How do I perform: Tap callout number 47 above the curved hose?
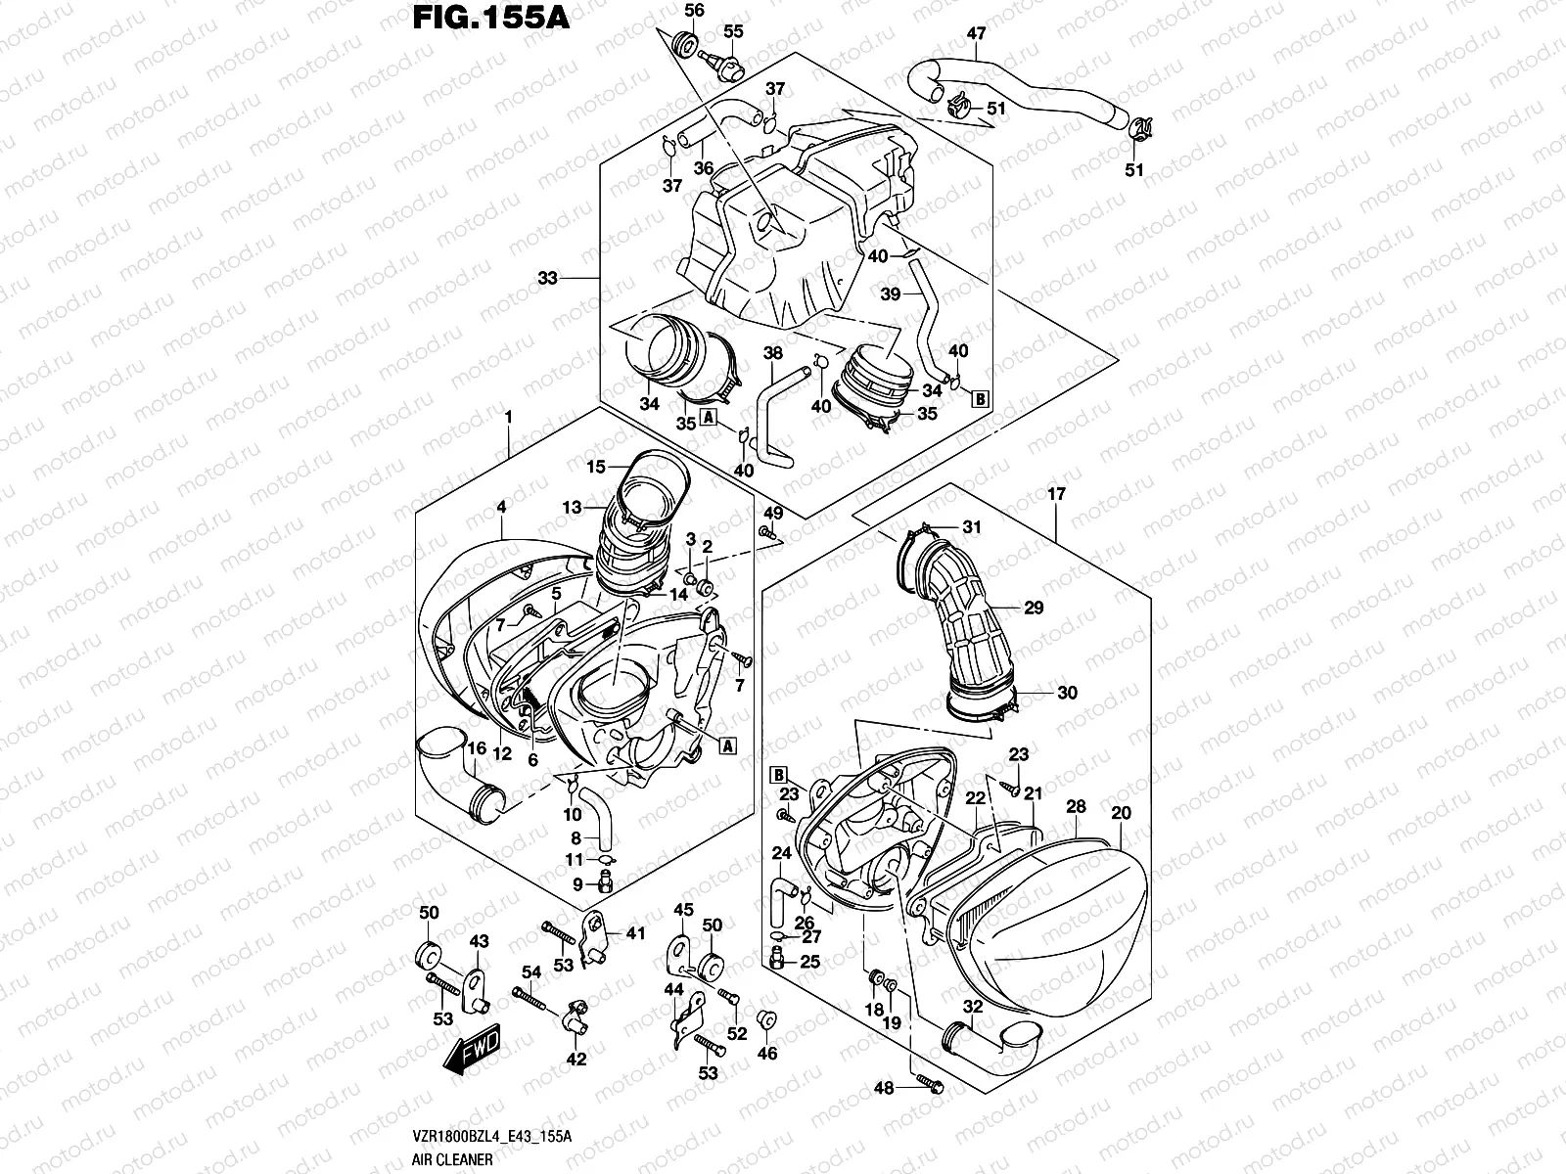[976, 33]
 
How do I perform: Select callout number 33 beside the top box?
[547, 278]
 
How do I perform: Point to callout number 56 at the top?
[694, 11]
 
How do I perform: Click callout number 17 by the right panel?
[1056, 495]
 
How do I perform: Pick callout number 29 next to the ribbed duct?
[1034, 608]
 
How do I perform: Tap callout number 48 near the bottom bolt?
[884, 1088]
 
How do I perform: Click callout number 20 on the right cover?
[1122, 813]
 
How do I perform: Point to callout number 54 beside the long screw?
[531, 971]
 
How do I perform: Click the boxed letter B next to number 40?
[978, 398]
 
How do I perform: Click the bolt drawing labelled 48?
[929, 1085]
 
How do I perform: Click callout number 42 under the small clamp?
[576, 1061]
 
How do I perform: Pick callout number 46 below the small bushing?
[768, 1054]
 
